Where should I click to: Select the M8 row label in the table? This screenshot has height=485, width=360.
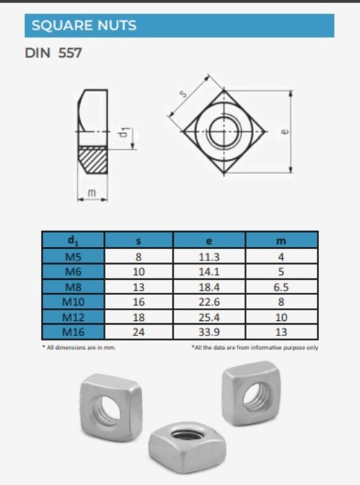(73, 286)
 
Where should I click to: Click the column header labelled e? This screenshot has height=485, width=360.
(209, 240)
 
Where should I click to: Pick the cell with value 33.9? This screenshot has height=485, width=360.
(209, 332)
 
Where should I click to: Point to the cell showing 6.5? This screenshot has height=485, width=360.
(281, 286)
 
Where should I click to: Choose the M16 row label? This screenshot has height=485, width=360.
(73, 332)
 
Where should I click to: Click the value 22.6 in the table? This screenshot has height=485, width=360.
(209, 302)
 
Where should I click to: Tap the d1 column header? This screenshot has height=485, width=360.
(73, 240)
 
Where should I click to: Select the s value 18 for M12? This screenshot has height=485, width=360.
(139, 317)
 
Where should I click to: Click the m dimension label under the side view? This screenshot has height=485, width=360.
(91, 192)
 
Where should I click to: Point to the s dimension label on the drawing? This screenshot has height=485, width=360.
(184, 94)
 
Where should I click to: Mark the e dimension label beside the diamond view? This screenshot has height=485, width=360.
(285, 132)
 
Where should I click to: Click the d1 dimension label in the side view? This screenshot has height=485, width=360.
(125, 132)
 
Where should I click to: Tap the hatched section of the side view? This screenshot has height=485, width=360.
(93, 158)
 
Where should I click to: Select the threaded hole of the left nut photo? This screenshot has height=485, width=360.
(109, 408)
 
